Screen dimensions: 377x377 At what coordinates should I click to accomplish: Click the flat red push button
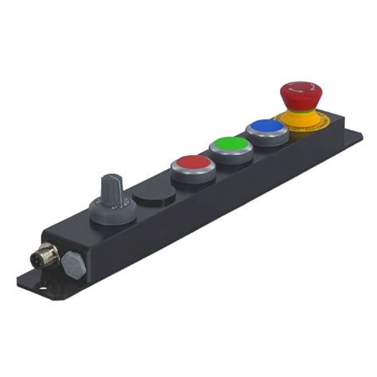(x=191, y=164)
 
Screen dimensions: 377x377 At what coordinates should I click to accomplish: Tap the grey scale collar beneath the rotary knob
(x=107, y=212)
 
